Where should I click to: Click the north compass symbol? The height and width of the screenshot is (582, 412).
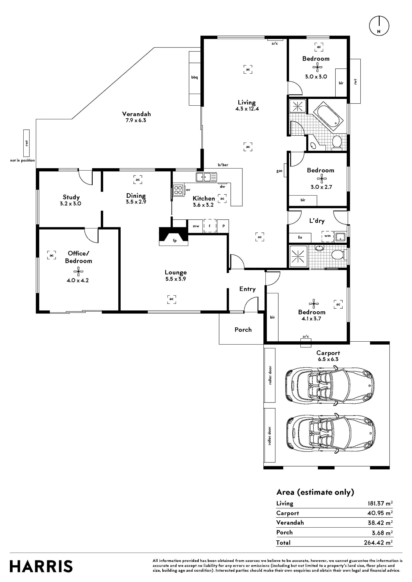(x=379, y=26)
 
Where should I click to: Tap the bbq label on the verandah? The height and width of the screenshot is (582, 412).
(x=194, y=77)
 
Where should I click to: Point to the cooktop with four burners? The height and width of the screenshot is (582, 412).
(x=178, y=190)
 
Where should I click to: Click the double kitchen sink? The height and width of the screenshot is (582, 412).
(x=206, y=177)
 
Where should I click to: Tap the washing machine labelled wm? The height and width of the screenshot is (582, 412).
(x=328, y=236)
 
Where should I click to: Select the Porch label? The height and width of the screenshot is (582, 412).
(x=243, y=329)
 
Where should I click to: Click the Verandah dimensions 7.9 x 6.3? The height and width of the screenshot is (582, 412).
(x=136, y=120)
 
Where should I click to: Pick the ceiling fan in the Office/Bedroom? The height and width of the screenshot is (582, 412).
(x=78, y=272)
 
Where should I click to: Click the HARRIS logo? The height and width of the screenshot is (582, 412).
(x=41, y=566)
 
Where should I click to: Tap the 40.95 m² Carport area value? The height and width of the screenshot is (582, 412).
(x=380, y=513)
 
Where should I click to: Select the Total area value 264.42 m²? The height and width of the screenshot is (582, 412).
(x=378, y=542)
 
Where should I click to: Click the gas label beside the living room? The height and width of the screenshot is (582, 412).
(x=279, y=171)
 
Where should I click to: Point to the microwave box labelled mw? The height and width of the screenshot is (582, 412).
(x=196, y=226)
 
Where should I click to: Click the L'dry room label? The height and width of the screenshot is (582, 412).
(x=317, y=221)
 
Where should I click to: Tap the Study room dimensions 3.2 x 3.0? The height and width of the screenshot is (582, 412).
(x=71, y=204)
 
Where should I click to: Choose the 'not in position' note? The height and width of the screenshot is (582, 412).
(x=22, y=160)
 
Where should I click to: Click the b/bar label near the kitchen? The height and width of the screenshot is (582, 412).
(x=223, y=165)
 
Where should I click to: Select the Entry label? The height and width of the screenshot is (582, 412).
(x=247, y=289)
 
